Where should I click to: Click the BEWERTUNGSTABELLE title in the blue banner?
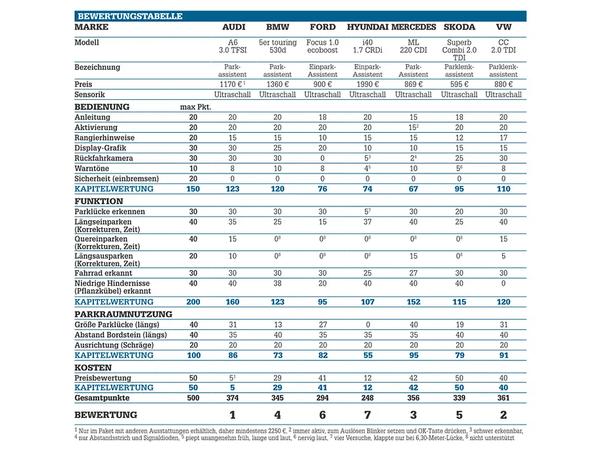(x=130, y=16)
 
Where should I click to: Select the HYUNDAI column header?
(x=367, y=27)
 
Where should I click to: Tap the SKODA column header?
(x=459, y=27)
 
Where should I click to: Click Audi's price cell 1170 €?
(x=232, y=84)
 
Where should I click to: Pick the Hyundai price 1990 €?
(x=367, y=84)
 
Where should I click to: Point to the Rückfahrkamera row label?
(x=104, y=158)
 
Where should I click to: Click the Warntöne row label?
(x=91, y=168)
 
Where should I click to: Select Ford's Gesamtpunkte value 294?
(x=323, y=398)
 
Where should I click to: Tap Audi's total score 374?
(x=232, y=398)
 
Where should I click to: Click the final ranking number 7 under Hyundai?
(x=367, y=415)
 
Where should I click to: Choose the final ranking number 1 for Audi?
(x=232, y=415)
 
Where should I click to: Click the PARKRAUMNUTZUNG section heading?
(x=123, y=314)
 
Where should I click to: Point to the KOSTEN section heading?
(x=93, y=367)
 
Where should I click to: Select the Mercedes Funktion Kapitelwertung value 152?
(x=413, y=302)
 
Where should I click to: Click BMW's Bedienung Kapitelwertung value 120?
(x=277, y=189)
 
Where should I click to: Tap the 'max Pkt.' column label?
(x=196, y=107)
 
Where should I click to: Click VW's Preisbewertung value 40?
(x=503, y=378)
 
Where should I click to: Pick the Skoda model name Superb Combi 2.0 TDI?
(x=459, y=50)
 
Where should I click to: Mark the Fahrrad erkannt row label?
(x=103, y=273)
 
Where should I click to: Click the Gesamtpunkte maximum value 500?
(x=193, y=398)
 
